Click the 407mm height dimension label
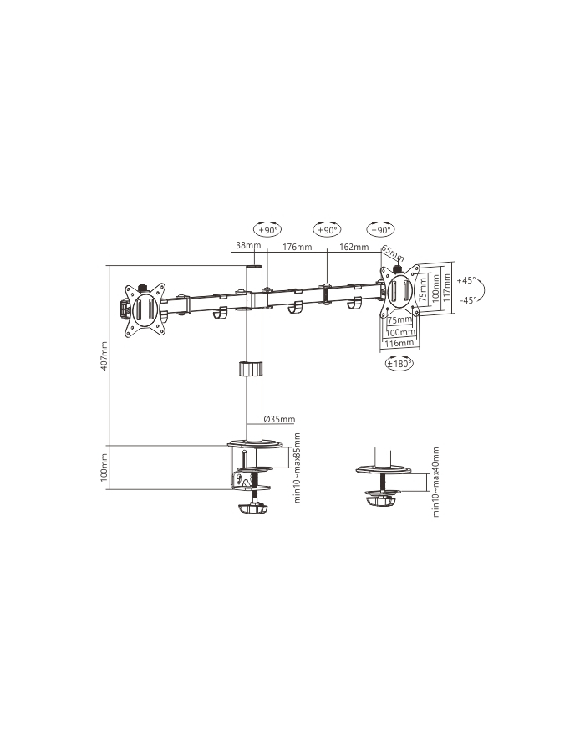click(104, 358)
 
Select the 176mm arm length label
click(297, 248)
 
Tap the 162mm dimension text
click(354, 248)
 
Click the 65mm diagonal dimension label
click(390, 252)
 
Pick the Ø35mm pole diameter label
click(277, 420)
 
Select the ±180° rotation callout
click(399, 364)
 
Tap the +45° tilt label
click(466, 280)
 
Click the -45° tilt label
click(466, 300)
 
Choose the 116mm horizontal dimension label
click(399, 343)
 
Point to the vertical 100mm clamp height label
click(104, 467)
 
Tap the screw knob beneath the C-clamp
click(252, 508)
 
